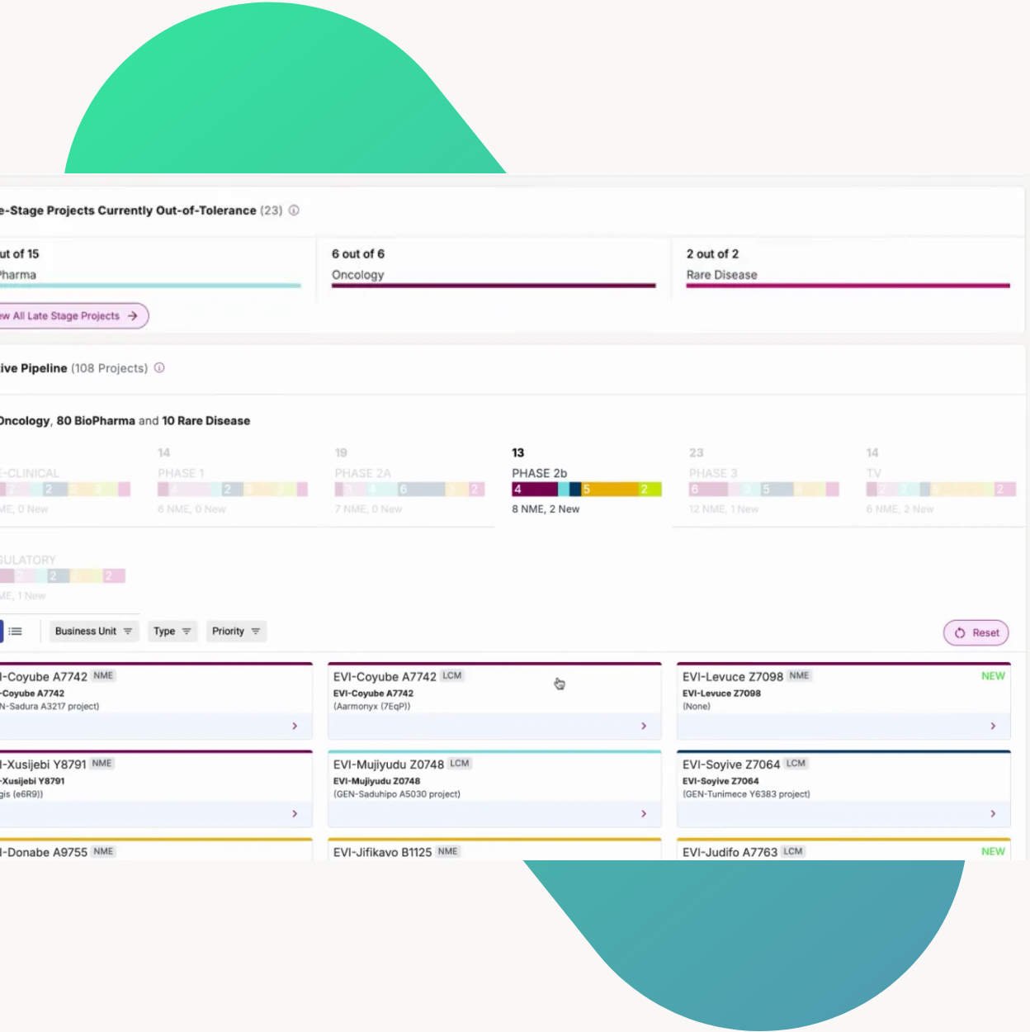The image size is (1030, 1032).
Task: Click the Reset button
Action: (x=976, y=632)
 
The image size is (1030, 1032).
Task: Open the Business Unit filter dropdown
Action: (x=93, y=632)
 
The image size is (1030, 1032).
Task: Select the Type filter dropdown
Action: (x=172, y=632)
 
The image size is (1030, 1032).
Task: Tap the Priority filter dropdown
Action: (x=235, y=632)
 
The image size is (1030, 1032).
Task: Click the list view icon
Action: (x=16, y=632)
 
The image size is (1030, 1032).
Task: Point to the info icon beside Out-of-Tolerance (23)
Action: (x=294, y=211)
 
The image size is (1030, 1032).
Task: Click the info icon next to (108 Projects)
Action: (x=159, y=368)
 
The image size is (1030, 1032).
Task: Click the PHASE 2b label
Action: (x=539, y=473)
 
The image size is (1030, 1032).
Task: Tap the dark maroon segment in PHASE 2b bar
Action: (x=534, y=490)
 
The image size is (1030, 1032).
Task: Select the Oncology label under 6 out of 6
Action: (x=357, y=275)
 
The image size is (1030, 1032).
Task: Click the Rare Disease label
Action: (x=721, y=275)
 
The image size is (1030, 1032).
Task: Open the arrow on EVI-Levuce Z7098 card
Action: (x=993, y=726)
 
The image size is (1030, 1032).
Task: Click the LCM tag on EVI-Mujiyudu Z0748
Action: (x=460, y=764)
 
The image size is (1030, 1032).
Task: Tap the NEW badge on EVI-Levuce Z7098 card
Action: (x=993, y=676)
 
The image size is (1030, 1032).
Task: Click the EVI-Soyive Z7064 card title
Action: (x=730, y=765)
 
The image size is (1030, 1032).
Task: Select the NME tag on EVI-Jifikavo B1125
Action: (x=447, y=851)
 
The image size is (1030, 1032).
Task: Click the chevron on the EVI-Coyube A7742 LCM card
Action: (x=644, y=726)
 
